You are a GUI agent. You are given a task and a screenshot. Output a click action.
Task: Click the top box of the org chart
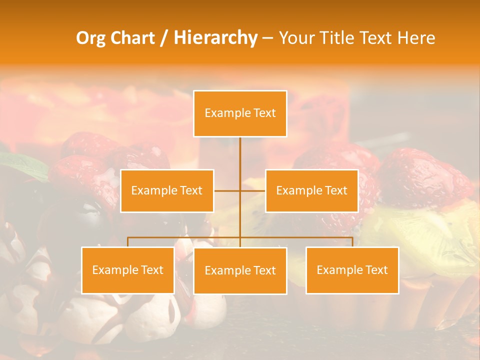240,113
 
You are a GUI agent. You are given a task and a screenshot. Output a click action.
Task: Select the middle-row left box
167,190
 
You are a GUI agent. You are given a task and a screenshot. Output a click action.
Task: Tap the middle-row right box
311,190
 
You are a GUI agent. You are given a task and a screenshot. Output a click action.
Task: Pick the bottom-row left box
128,270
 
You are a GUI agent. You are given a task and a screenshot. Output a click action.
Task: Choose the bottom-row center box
240,270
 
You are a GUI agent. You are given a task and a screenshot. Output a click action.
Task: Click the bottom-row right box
352,270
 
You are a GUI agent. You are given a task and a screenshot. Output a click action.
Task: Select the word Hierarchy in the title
215,38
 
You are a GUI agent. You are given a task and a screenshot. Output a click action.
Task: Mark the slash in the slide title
163,38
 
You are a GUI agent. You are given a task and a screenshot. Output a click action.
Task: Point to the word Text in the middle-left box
191,190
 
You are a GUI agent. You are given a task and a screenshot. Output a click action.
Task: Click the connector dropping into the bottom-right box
352,242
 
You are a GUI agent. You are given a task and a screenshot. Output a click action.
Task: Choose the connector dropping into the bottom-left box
128,242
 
